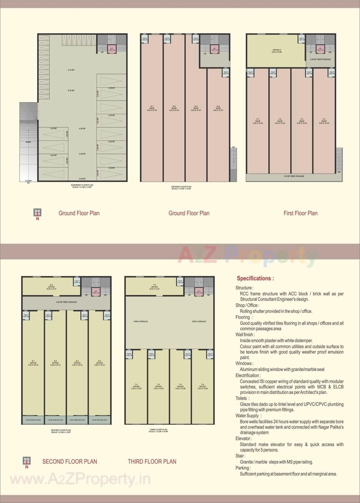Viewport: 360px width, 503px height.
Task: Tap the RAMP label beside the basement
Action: tap(28, 142)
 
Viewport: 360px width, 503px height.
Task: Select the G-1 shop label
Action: tap(152, 108)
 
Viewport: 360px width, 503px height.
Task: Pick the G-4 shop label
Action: tap(218, 108)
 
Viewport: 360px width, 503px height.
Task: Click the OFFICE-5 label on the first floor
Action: tap(276, 51)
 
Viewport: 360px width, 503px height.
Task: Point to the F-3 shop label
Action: tap(302, 121)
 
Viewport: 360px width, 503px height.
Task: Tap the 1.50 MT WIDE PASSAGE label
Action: tap(294, 176)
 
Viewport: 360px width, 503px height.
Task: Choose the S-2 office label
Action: tap(55, 363)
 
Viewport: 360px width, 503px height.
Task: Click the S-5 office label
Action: tap(51, 287)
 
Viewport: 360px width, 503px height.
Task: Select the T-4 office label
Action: tap(202, 386)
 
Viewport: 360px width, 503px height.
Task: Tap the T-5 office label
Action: tap(154, 287)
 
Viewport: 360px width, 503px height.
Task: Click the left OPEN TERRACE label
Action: tap(141, 321)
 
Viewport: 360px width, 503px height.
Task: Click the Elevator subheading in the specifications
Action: tap(244, 439)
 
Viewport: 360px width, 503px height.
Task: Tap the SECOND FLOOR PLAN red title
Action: tap(70, 462)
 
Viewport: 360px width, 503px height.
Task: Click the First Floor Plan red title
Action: tap(300, 213)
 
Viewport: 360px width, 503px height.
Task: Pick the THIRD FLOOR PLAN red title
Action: tap(152, 462)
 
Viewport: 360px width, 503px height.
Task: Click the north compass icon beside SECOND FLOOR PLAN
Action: tap(27, 461)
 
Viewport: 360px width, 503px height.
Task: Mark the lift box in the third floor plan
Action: tap(199, 292)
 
